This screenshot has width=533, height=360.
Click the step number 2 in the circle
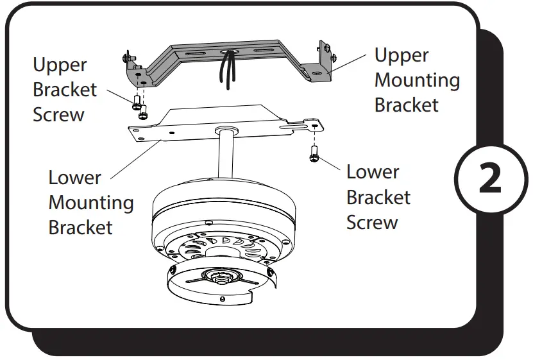tap(490, 180)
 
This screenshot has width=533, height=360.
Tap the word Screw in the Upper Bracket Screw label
tap(58, 115)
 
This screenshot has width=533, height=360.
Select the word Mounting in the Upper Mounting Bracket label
tap(417, 80)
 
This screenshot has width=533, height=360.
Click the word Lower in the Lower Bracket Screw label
tap(373, 172)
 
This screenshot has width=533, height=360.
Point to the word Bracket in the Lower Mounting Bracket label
tap(81, 227)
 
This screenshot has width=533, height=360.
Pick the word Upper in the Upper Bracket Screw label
tap(60, 65)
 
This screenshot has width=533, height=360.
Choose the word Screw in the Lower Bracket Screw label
tap(372, 222)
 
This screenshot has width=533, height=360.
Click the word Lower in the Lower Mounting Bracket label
tap(75, 177)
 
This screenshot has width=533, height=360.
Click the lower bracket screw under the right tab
tap(314, 154)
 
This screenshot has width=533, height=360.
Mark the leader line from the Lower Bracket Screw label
tap(330, 161)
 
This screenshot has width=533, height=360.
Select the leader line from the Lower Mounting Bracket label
tap(131, 157)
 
